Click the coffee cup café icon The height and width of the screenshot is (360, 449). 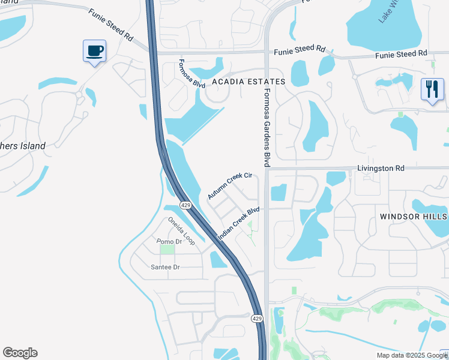tap(94, 51)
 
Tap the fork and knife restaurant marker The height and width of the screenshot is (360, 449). tap(432, 89)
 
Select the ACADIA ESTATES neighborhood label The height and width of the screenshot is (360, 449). tap(247, 82)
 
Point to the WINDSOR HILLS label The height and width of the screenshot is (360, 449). tap(414, 216)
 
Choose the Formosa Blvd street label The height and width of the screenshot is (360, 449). tap(188, 74)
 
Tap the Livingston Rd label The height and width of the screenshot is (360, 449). tap(381, 169)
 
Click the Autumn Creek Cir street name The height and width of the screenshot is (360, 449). tap(229, 186)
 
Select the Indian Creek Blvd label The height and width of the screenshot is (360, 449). tap(238, 224)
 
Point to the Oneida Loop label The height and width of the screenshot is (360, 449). tap(181, 230)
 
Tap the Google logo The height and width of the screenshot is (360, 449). tap(20, 353)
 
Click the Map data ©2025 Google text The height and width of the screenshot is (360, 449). tap(411, 355)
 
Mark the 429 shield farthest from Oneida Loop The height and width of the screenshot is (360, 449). tap(256, 318)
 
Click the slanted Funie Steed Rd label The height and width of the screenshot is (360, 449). tap(110, 24)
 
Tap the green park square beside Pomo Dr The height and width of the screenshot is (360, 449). tap(167, 249)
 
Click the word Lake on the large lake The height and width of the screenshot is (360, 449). tap(384, 16)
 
